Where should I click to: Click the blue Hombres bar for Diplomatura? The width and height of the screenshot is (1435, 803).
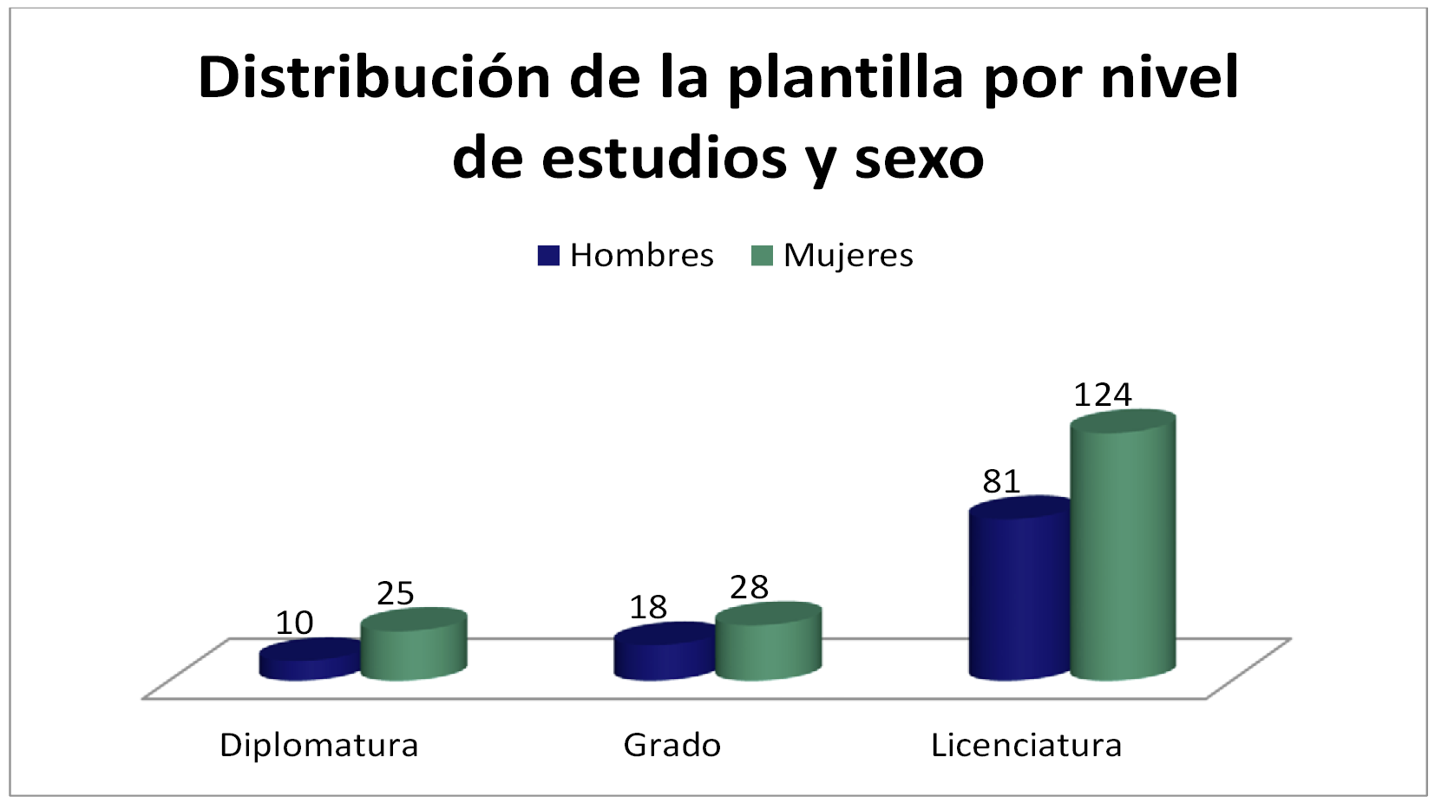(x=310, y=660)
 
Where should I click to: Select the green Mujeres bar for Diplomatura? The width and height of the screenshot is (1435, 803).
(x=414, y=646)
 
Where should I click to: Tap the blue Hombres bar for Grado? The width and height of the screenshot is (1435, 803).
(x=665, y=652)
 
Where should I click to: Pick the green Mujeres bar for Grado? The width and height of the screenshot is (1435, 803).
(x=768, y=643)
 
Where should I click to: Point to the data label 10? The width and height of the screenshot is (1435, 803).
(x=294, y=623)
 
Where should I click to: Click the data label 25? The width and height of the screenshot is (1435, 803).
(x=396, y=594)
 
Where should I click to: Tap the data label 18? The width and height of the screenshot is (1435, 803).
(x=648, y=608)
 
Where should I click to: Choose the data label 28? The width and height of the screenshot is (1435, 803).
(x=750, y=588)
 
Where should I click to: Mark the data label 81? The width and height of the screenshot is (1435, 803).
(x=1001, y=481)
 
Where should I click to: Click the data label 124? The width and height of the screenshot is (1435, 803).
(x=1103, y=395)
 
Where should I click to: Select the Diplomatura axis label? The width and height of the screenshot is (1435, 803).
(x=318, y=745)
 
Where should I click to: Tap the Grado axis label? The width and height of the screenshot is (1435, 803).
(x=672, y=745)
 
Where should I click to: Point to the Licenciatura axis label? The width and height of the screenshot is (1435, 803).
(x=1026, y=745)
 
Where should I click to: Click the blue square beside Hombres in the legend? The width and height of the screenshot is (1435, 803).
(x=548, y=255)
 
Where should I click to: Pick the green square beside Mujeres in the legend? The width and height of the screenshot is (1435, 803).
(x=761, y=255)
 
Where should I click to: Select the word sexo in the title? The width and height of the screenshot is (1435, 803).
(x=919, y=159)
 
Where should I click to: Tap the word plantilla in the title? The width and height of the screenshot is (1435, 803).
(x=845, y=78)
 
